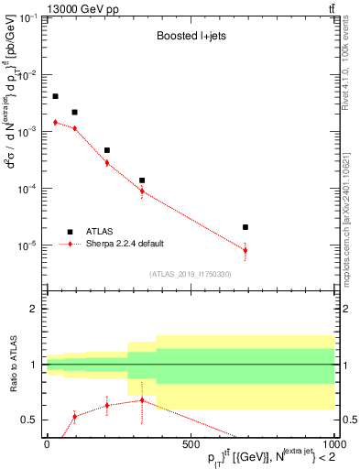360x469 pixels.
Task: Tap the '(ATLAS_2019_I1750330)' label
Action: (x=189, y=274)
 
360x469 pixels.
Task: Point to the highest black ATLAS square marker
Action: (x=55, y=96)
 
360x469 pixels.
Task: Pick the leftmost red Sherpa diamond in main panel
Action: (x=55, y=122)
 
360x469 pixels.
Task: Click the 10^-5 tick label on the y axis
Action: (x=27, y=245)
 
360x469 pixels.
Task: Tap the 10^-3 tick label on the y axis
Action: (x=27, y=132)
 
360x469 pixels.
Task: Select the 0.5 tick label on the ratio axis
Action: (x=29, y=420)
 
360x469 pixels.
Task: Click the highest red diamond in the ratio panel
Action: (x=142, y=400)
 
